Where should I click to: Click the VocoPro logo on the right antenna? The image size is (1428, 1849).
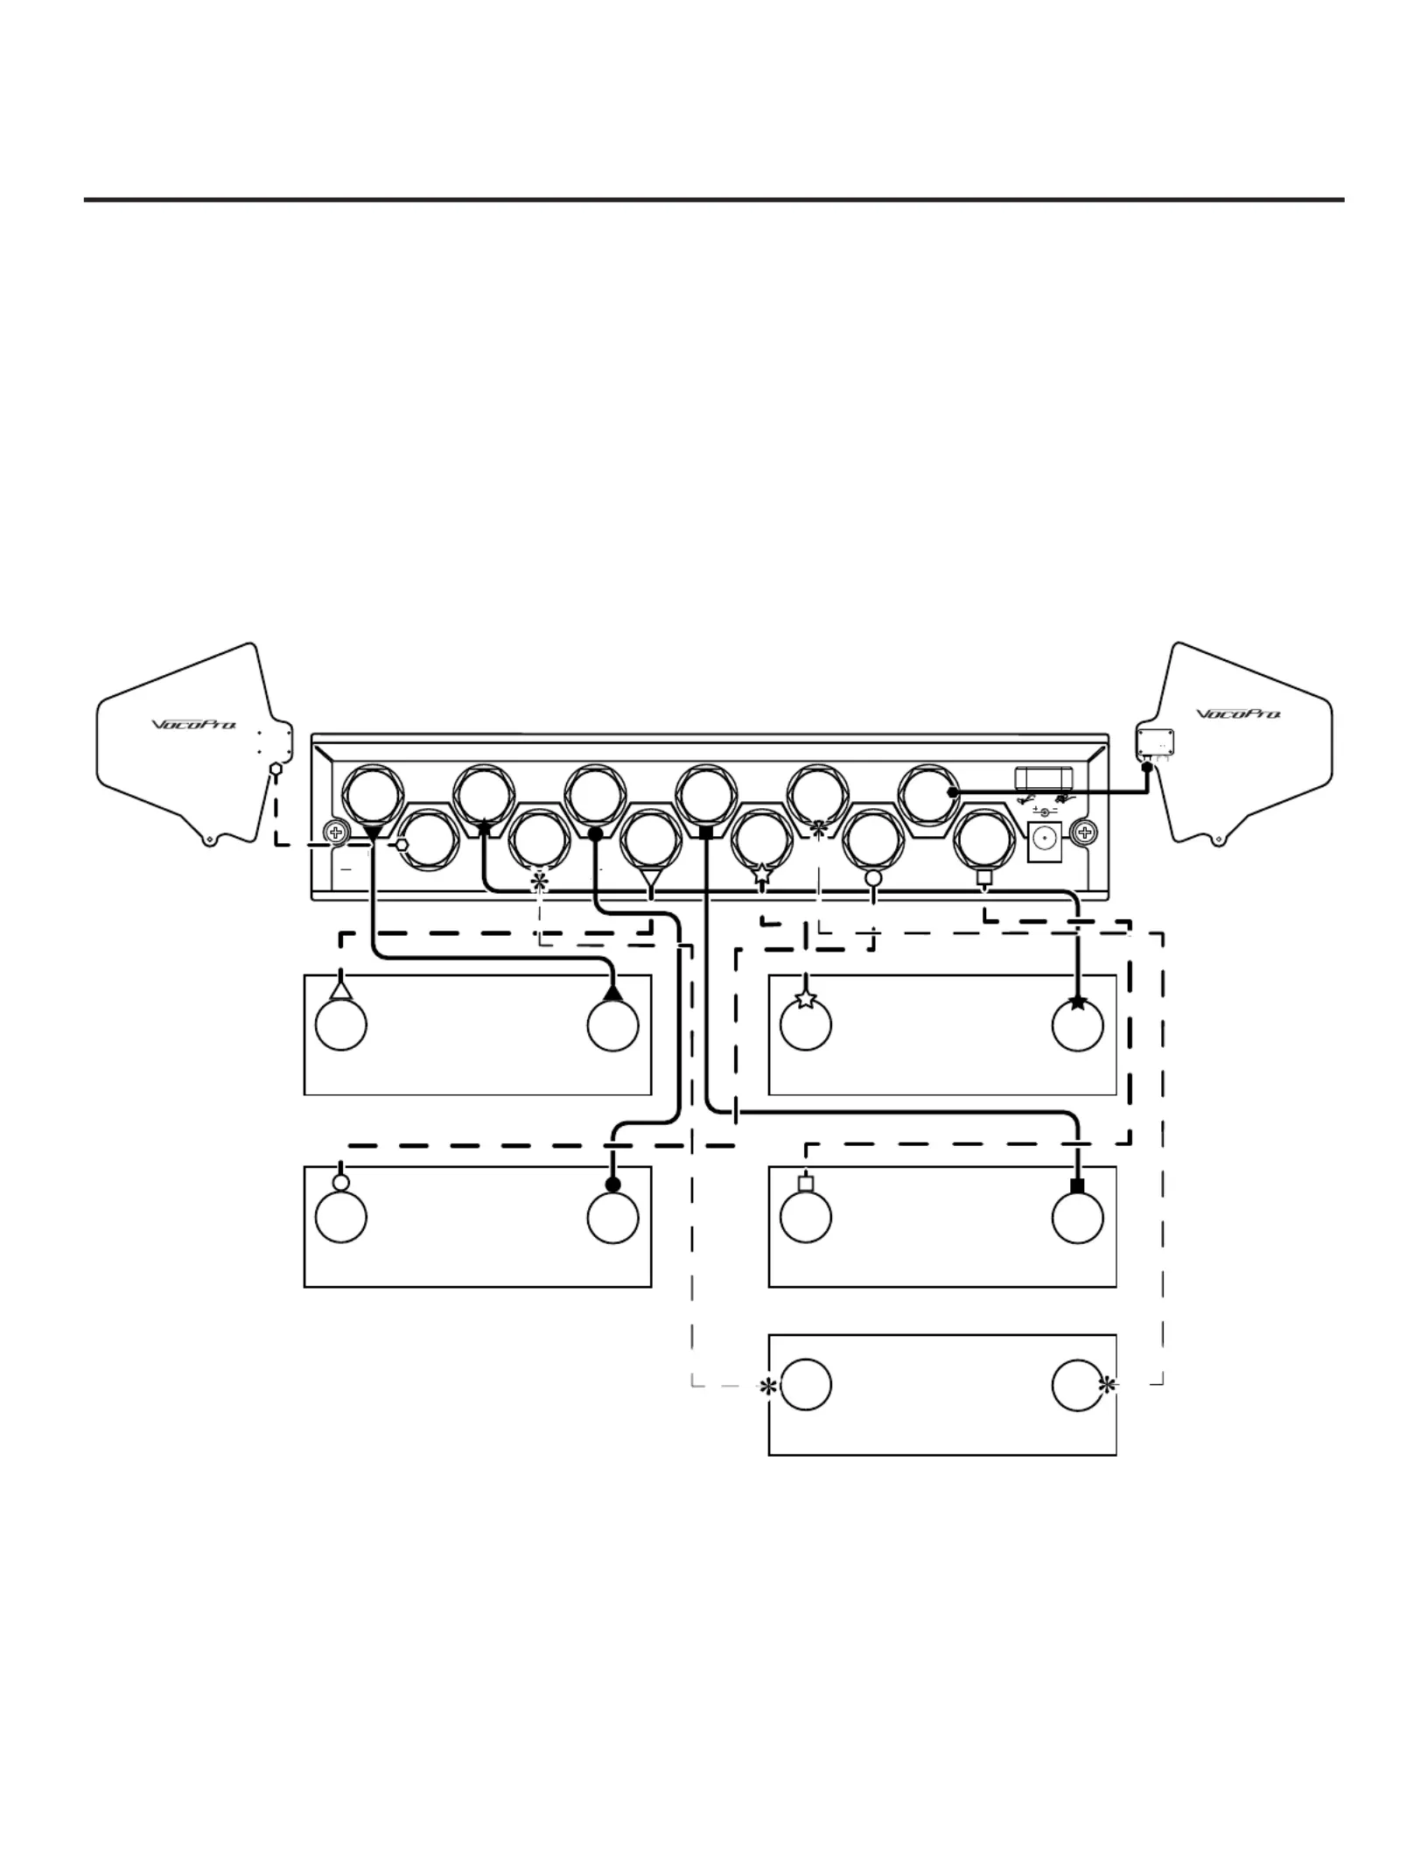click(x=1238, y=714)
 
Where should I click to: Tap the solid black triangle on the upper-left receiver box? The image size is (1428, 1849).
click(x=612, y=992)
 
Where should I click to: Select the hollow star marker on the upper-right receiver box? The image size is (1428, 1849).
click(x=805, y=998)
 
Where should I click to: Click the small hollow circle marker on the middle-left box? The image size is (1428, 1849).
click(x=341, y=1182)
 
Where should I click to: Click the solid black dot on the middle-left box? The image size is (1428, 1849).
click(x=613, y=1184)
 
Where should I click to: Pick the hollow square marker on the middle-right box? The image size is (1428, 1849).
click(x=806, y=1184)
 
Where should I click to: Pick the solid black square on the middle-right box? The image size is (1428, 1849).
click(x=1077, y=1185)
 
